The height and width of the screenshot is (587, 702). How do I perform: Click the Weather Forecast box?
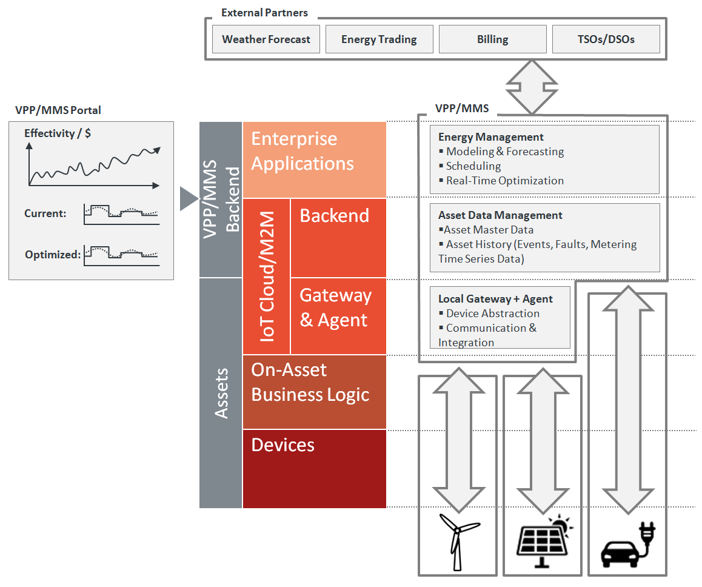pyautogui.click(x=266, y=39)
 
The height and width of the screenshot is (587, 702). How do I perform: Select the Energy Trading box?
pyautogui.click(x=379, y=39)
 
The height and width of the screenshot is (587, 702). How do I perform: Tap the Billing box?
pyautogui.click(x=492, y=39)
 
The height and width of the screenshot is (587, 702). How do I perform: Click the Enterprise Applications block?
pyautogui.click(x=314, y=159)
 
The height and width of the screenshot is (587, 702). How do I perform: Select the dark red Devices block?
pyautogui.click(x=314, y=469)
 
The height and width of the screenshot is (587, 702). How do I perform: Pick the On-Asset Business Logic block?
pyautogui.click(x=314, y=392)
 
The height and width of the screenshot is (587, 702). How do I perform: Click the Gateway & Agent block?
pyautogui.click(x=338, y=315)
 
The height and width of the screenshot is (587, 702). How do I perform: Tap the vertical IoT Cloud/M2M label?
pyautogui.click(x=267, y=276)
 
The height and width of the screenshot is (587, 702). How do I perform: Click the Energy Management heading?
pyautogui.click(x=490, y=137)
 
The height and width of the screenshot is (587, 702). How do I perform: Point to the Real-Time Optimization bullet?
pyautogui.click(x=504, y=181)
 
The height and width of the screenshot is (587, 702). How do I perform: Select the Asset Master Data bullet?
pyautogui.click(x=489, y=230)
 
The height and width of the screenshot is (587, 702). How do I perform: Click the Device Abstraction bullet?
pyautogui.click(x=492, y=314)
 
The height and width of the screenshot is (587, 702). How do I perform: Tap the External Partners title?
pyautogui.click(x=264, y=13)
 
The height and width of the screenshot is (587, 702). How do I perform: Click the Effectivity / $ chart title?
pyautogui.click(x=58, y=133)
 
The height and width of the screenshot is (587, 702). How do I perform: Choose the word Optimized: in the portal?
pyautogui.click(x=53, y=255)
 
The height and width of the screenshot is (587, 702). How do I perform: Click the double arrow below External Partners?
pyautogui.click(x=531, y=86)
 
